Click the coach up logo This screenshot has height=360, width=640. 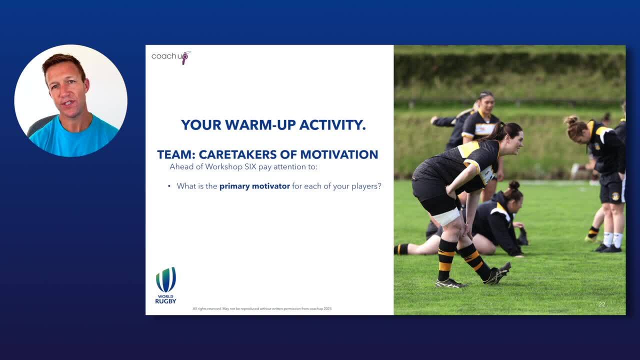[171, 57]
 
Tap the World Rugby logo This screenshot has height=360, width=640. [165, 285]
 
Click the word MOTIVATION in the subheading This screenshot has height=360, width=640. [339, 154]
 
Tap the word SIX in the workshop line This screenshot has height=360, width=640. [250, 166]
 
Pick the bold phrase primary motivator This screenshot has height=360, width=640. [254, 186]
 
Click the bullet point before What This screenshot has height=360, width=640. [169, 186]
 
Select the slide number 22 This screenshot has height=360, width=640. [602, 304]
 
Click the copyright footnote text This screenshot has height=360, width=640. [262, 308]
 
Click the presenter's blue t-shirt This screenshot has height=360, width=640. [73, 137]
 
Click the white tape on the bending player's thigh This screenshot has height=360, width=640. [446, 217]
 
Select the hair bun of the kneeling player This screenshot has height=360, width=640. [514, 185]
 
